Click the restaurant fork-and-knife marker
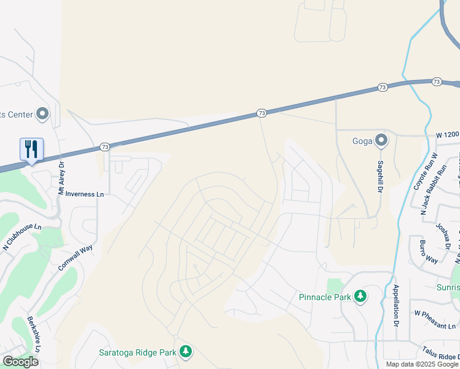(x=31, y=149)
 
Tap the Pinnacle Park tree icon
(x=360, y=297)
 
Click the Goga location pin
(x=381, y=141)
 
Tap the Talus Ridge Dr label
(x=441, y=355)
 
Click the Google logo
(x=20, y=362)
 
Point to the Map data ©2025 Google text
(x=422, y=364)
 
